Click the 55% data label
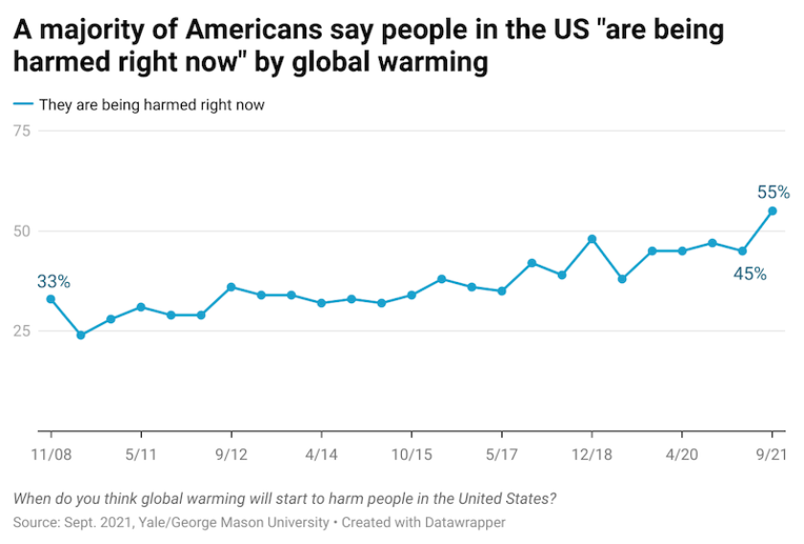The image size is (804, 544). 773,191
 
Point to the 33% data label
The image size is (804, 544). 54,281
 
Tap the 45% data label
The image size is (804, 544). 750,273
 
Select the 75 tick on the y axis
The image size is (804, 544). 47,131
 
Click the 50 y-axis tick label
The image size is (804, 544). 47,231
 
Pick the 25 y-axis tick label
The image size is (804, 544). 47,331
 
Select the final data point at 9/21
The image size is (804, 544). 772,211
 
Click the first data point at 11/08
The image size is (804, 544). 51,299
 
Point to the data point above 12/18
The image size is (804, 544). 592,239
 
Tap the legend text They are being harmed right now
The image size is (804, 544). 151,105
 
